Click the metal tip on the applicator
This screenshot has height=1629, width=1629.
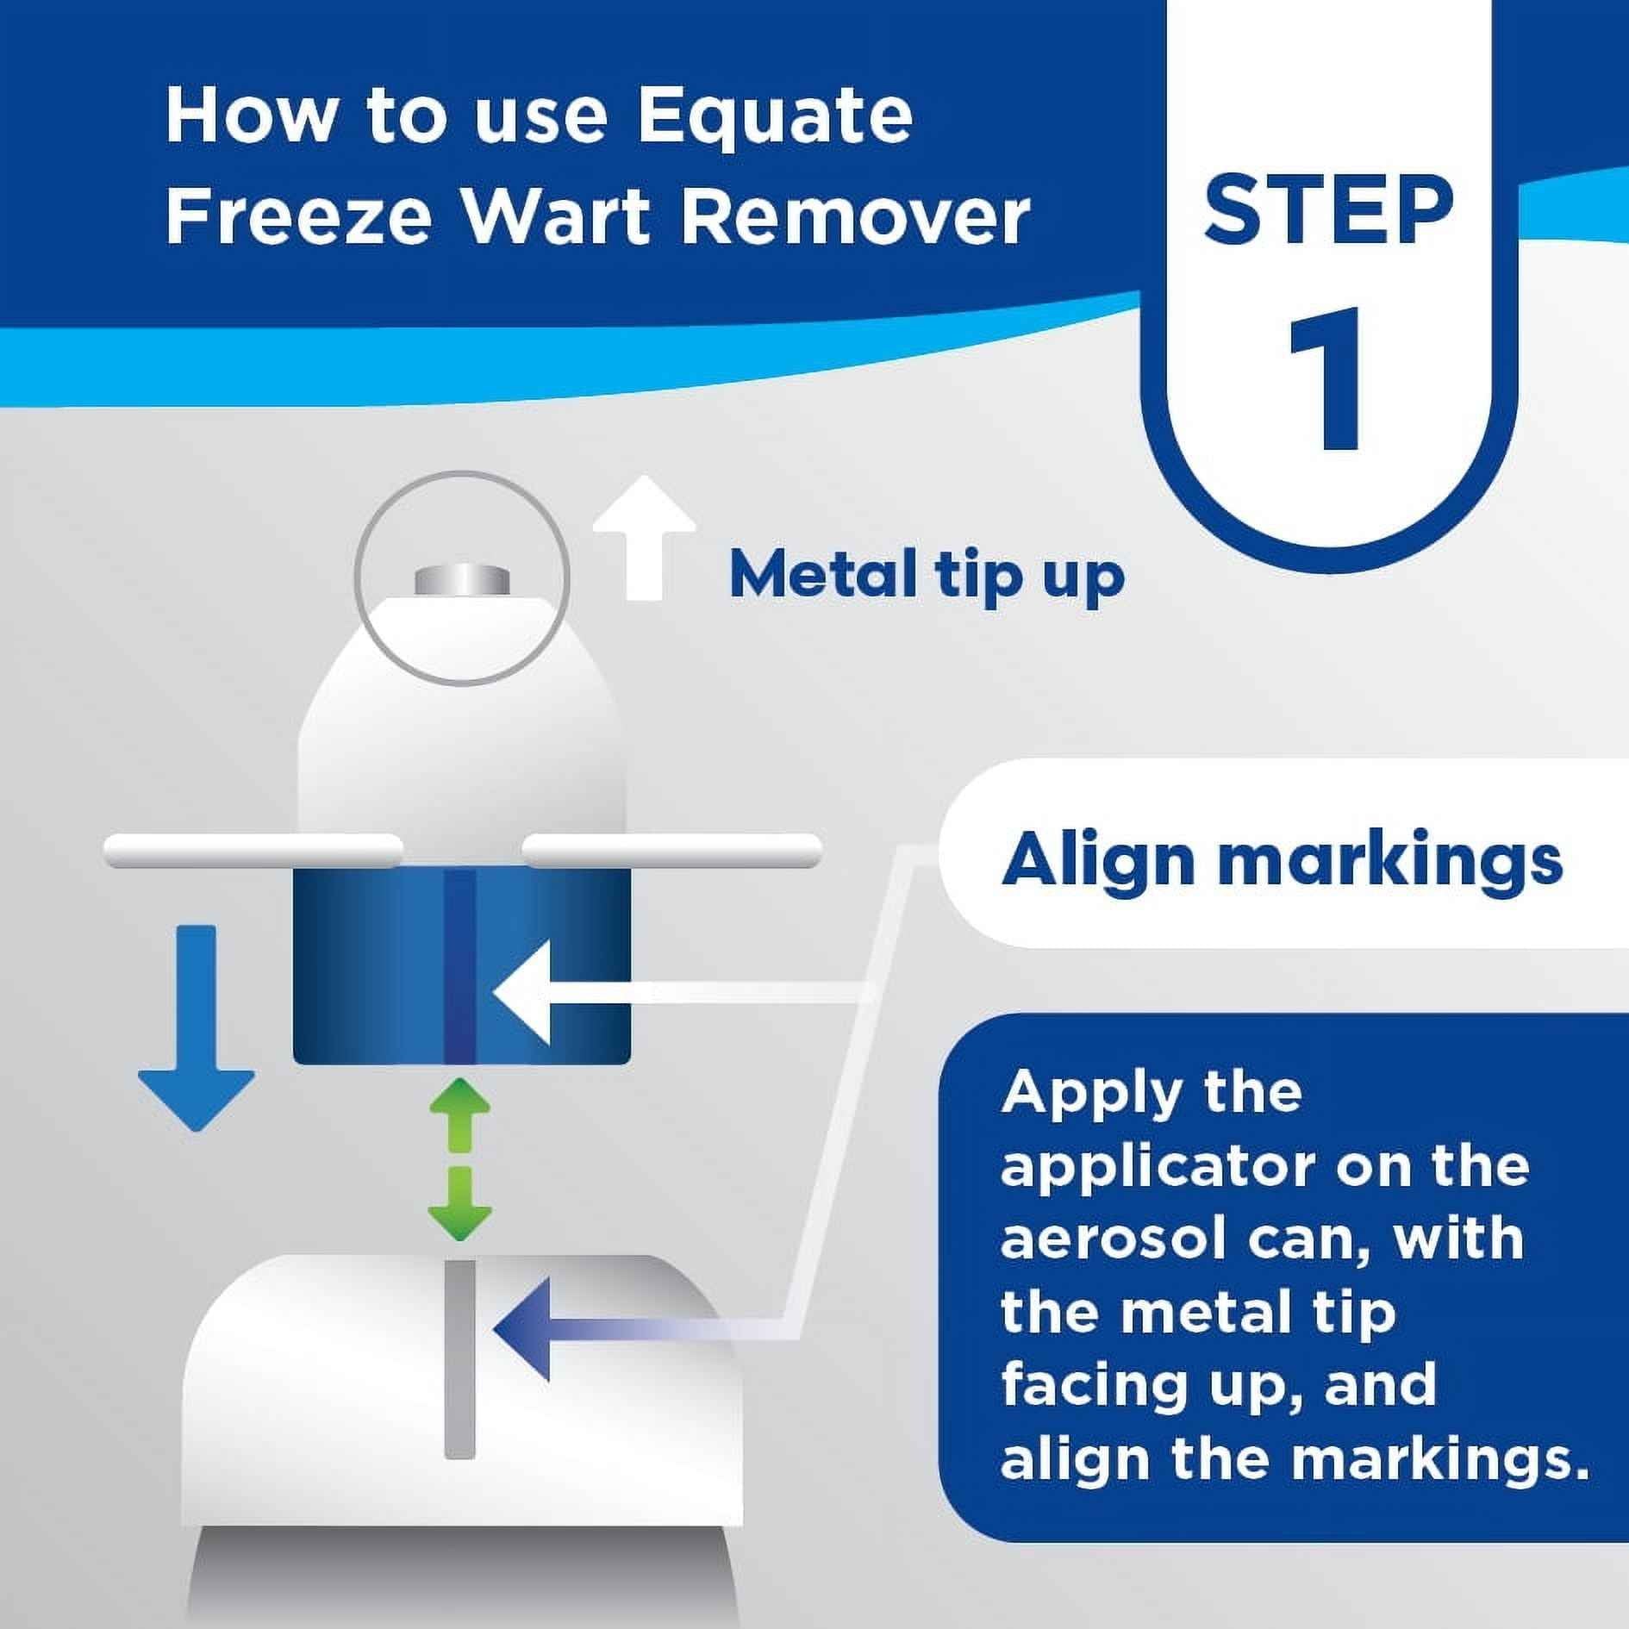pos(461,579)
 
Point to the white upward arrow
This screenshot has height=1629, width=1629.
pos(644,538)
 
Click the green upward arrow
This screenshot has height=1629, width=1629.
pos(460,1116)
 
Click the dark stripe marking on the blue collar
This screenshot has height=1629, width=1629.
pos(460,965)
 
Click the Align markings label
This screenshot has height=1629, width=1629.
pos(1281,860)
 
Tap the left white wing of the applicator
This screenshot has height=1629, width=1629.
pos(252,851)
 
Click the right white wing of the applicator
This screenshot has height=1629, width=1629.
pos(672,851)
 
